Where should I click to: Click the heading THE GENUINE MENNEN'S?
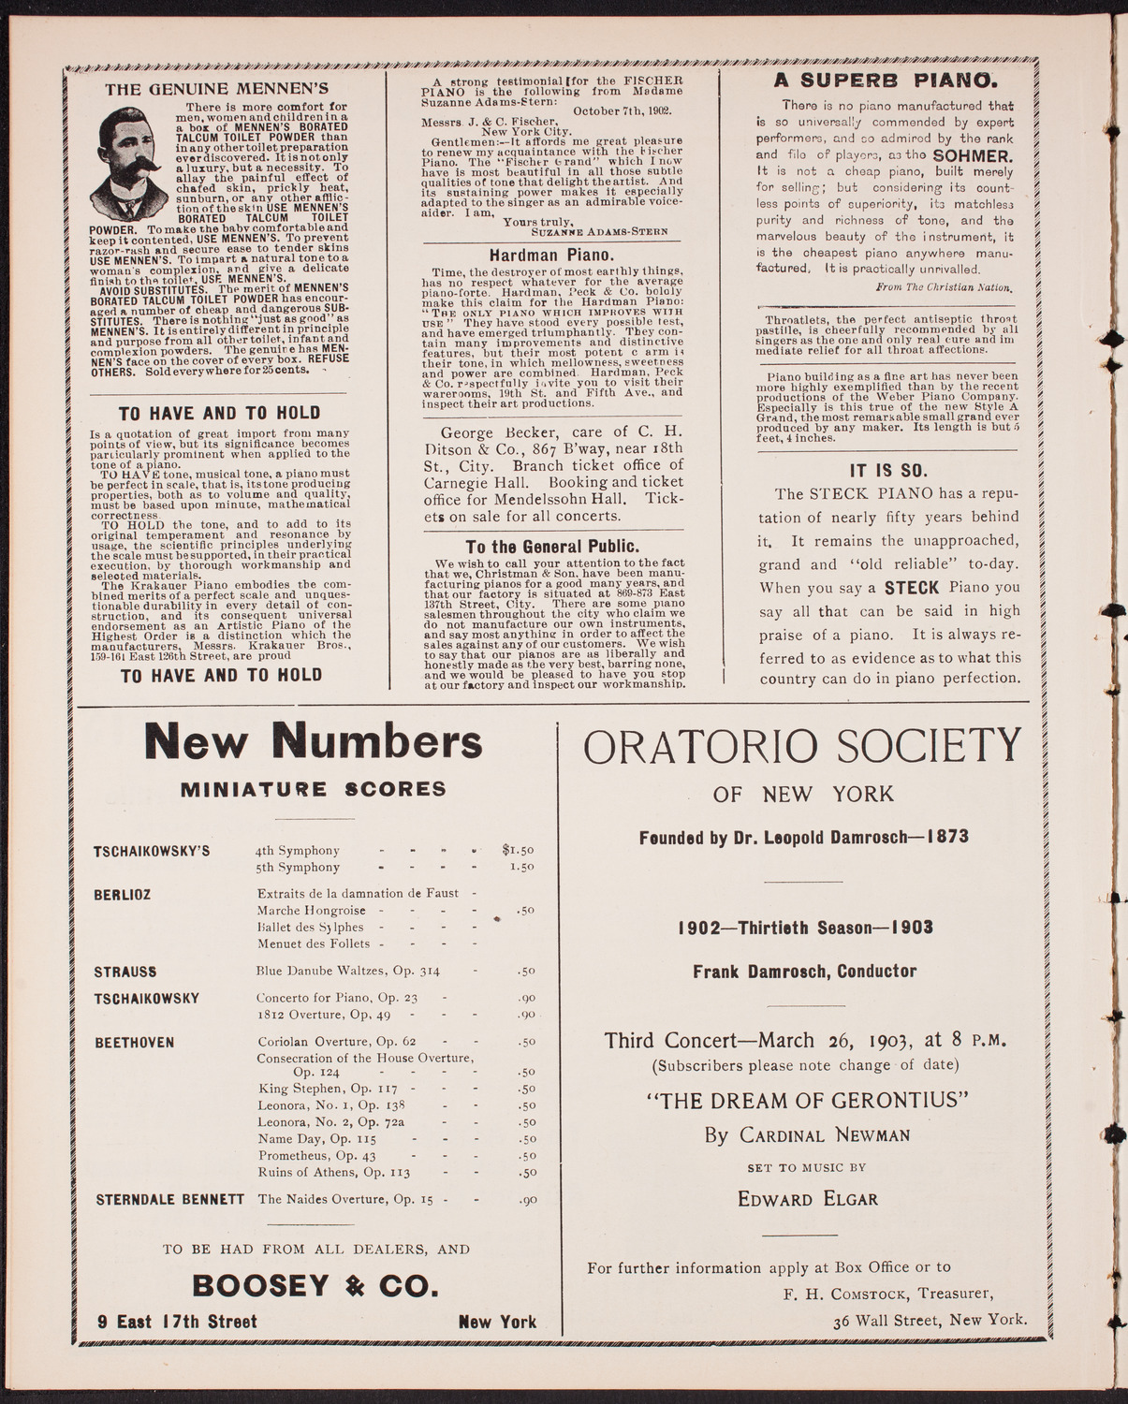pos(216,91)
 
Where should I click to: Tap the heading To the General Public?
pos(552,547)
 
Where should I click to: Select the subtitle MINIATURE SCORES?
pos(314,789)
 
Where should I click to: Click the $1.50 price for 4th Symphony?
pos(517,850)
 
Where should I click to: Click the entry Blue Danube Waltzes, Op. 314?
pos(348,971)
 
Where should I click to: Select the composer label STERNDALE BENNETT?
pos(169,1199)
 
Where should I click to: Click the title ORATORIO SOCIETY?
pos(801,747)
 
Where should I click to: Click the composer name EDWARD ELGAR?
pos(807,1199)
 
